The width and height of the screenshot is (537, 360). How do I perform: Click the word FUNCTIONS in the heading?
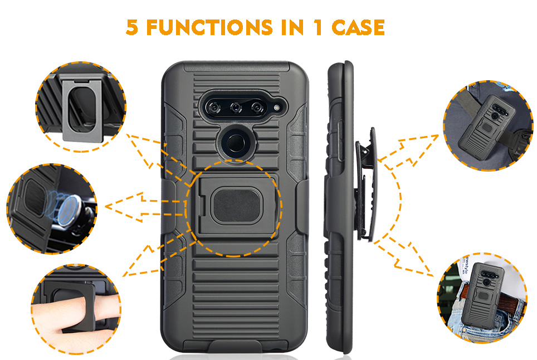coord(209,27)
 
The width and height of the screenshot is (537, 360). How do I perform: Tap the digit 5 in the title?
coord(132,27)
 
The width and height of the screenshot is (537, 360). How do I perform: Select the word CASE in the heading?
coord(358,27)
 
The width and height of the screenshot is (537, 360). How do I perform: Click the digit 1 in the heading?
coord(318,27)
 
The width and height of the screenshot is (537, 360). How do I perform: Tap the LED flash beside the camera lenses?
coord(277,108)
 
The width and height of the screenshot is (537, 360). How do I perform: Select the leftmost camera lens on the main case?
coord(214,108)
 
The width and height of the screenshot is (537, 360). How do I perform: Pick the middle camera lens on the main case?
coord(236,108)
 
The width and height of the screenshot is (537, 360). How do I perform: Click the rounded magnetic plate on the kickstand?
coord(236,206)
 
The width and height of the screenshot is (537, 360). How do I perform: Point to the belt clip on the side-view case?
coord(367,185)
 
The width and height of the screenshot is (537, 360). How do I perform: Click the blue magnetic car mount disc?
coord(68,210)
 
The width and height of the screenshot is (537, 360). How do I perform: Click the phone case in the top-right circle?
coord(486,125)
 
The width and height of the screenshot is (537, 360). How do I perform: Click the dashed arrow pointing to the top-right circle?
coord(408,150)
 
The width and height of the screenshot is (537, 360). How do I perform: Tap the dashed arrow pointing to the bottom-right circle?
coord(404,255)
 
